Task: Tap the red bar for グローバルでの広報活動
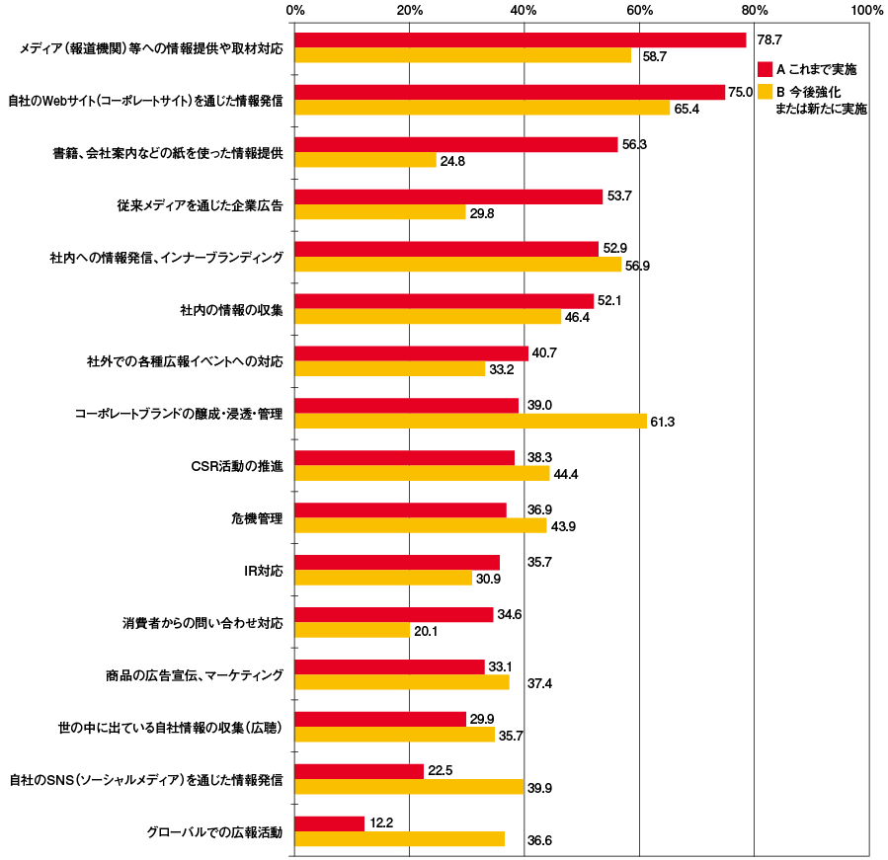[x=330, y=823]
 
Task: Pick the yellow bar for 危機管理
[x=421, y=526]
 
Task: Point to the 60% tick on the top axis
[x=639, y=10]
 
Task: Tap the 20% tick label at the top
[x=409, y=10]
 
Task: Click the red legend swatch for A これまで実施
[x=764, y=69]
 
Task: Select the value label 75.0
[x=741, y=92]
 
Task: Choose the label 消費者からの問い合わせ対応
[x=202, y=623]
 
